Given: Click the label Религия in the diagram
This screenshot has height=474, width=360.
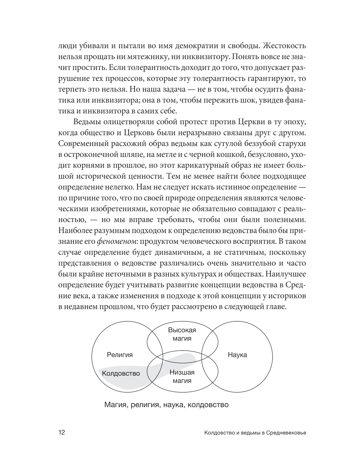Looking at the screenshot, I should tap(120, 355).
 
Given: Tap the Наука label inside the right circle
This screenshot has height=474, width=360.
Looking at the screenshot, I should tap(237, 355).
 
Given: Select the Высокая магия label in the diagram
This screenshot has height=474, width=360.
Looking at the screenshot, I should tap(182, 334).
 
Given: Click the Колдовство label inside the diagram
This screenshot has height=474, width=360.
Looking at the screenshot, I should tap(121, 373).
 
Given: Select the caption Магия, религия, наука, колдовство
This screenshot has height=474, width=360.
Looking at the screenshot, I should tap(166, 405).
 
